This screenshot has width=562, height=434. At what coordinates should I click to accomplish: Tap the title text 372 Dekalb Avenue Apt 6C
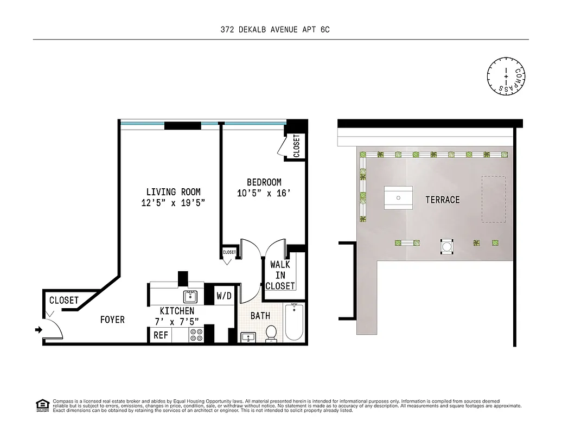coord(272,30)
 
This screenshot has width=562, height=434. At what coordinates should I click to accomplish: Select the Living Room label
coord(173,192)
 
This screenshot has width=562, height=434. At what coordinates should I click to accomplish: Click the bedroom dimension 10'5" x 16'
coord(264,193)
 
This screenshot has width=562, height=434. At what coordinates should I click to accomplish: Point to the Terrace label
coord(442,200)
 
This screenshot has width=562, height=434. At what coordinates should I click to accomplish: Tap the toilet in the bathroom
coord(271,334)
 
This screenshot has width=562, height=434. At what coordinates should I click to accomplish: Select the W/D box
coord(224,296)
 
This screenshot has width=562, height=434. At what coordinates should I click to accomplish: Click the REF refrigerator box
coord(161,335)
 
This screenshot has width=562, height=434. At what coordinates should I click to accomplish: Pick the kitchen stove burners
coord(195,335)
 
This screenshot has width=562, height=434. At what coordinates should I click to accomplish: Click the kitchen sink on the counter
coord(190,296)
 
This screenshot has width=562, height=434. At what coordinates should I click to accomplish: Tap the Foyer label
coord(112,320)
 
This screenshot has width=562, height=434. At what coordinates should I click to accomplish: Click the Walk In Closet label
coord(280,275)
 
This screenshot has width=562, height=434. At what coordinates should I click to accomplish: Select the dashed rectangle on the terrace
coord(493,199)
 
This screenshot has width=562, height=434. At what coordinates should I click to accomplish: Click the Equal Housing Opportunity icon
coord(41,405)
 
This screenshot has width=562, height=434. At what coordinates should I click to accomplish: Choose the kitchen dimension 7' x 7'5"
coord(177,321)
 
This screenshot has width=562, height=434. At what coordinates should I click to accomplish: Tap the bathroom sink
coord(248,337)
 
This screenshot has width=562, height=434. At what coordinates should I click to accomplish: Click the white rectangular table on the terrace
coord(398,198)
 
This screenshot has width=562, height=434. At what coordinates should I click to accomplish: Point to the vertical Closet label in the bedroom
coord(296,146)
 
